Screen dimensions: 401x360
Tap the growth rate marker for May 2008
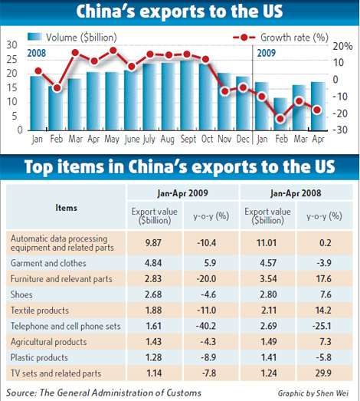click(113, 51)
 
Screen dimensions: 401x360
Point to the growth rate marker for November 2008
click(224, 91)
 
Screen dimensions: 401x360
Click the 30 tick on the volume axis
click(11, 44)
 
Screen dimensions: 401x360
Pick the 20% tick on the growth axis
click(346, 45)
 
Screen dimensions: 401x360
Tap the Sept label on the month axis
click(187, 140)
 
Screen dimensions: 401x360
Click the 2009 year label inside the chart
click(265, 53)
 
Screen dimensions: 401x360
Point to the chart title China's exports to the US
click(178, 13)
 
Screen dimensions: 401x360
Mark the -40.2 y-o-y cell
click(201, 325)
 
